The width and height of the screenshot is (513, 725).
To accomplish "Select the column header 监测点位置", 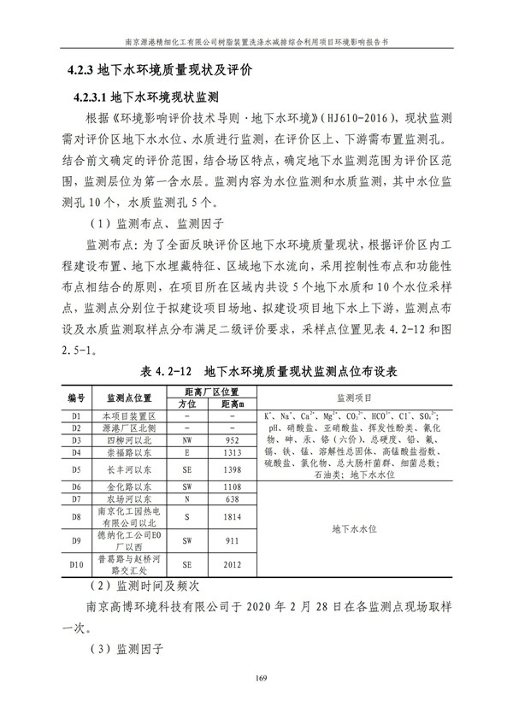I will (128, 398).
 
